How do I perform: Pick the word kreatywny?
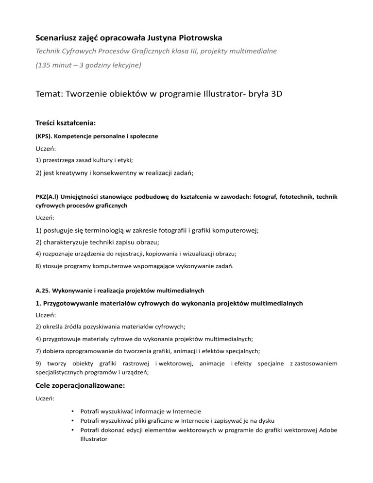tap(71, 172)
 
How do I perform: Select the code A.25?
tap(43, 290)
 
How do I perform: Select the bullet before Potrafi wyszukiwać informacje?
tap(72, 411)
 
